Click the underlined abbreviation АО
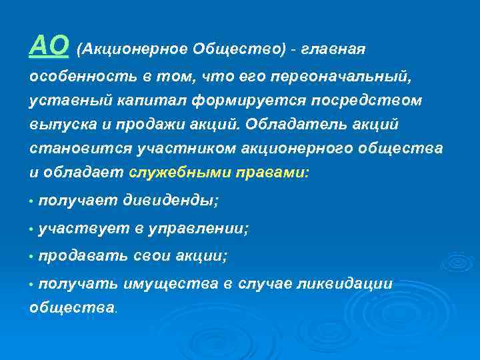coord(49,46)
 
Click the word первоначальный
coord(342,76)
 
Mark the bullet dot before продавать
coord(31,257)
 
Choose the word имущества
coord(170,285)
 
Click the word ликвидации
coord(353,285)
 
